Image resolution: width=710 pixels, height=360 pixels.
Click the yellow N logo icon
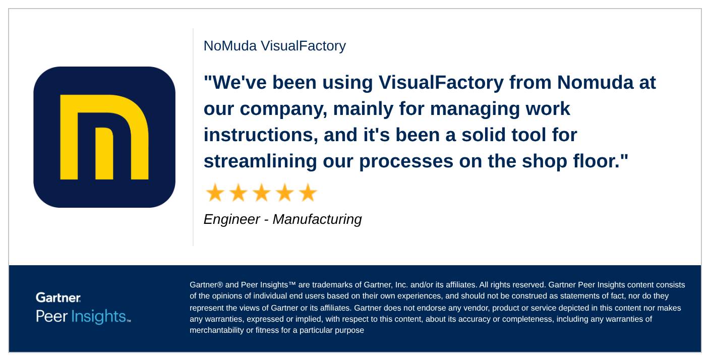pyautogui.click(x=104, y=137)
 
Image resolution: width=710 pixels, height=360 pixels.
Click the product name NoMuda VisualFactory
pyautogui.click(x=274, y=46)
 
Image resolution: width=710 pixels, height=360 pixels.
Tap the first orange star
pyautogui.click(x=215, y=193)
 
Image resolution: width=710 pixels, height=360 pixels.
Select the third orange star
pyautogui.click(x=262, y=193)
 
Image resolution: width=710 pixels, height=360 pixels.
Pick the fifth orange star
pyautogui.click(x=308, y=193)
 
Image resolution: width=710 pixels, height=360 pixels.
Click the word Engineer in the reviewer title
pyautogui.click(x=231, y=220)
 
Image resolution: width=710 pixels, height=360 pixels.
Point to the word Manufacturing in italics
pyautogui.click(x=317, y=220)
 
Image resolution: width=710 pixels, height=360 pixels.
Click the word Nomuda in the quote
pyautogui.click(x=595, y=82)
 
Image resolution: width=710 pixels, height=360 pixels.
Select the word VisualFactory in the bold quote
pyautogui.click(x=441, y=83)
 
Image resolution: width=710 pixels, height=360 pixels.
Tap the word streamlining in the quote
pyautogui.click(x=260, y=161)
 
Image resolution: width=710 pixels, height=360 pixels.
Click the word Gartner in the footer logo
pyautogui.click(x=58, y=297)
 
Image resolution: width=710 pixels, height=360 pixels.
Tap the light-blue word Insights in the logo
pyautogui.click(x=98, y=316)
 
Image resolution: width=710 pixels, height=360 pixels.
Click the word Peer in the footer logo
pyautogui.click(x=51, y=316)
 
